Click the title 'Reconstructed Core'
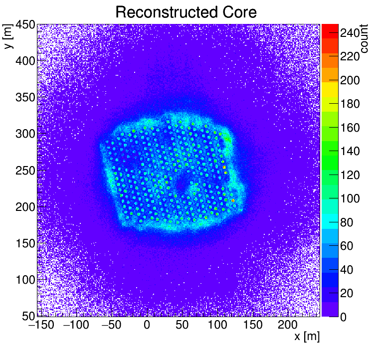186,12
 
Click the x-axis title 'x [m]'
306,337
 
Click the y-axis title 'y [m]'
8,38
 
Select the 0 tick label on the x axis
147,326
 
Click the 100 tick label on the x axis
217,326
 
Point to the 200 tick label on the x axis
288,326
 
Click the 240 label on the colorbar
350,33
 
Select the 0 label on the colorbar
344,317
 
